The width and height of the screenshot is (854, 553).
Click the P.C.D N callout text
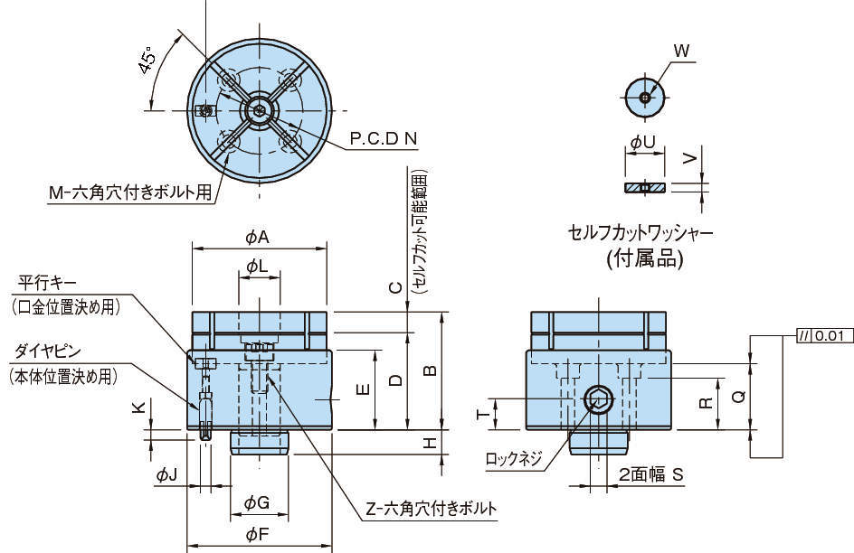pyautogui.click(x=384, y=138)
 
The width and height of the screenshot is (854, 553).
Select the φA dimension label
pyautogui.click(x=258, y=237)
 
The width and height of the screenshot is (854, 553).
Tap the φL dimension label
pyautogui.click(x=258, y=267)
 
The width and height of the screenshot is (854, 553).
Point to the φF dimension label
pyautogui.click(x=258, y=534)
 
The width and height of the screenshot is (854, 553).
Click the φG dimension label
pyautogui.click(x=258, y=501)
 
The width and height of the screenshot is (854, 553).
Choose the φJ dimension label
pyautogui.click(x=166, y=473)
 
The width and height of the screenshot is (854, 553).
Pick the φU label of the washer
pyautogui.click(x=643, y=142)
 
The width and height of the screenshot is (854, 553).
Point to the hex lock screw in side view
pyautogui.click(x=598, y=398)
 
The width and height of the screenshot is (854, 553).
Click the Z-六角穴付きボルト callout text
pyautogui.click(x=431, y=509)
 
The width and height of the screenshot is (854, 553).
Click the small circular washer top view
pyautogui.click(x=644, y=96)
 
